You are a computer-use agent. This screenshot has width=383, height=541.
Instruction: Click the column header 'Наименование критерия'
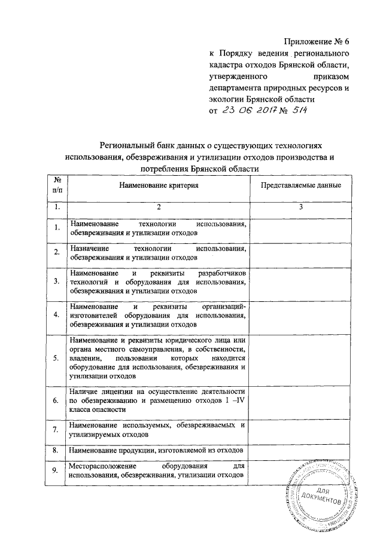158,185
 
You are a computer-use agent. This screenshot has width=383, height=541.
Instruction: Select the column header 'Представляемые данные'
301,185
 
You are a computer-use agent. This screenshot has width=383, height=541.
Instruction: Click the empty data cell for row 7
301,429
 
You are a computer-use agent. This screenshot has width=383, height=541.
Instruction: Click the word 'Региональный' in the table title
127,145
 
